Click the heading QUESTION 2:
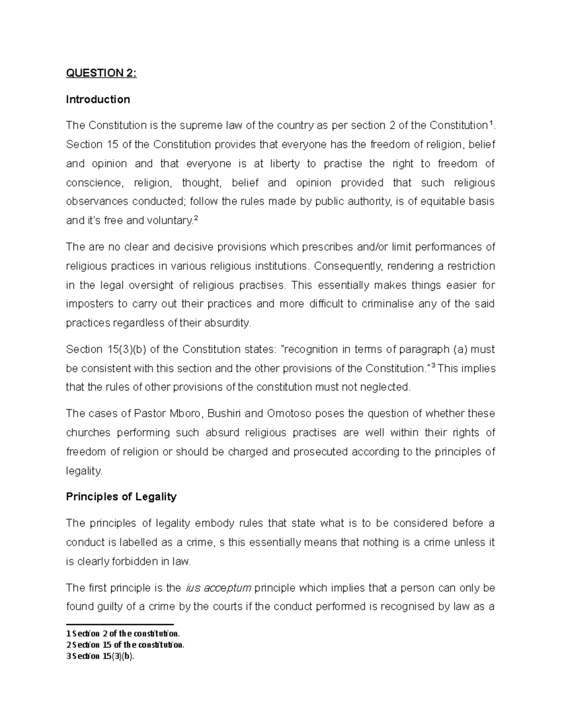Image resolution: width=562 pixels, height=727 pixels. [x=101, y=73]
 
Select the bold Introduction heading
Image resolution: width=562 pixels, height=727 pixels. [x=98, y=99]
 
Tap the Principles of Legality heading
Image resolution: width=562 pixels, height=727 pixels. [x=121, y=497]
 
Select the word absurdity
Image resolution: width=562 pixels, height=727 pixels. [x=228, y=323]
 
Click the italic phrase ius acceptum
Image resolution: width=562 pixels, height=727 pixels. [x=219, y=588]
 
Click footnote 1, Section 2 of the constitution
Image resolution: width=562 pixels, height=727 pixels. [x=123, y=634]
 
